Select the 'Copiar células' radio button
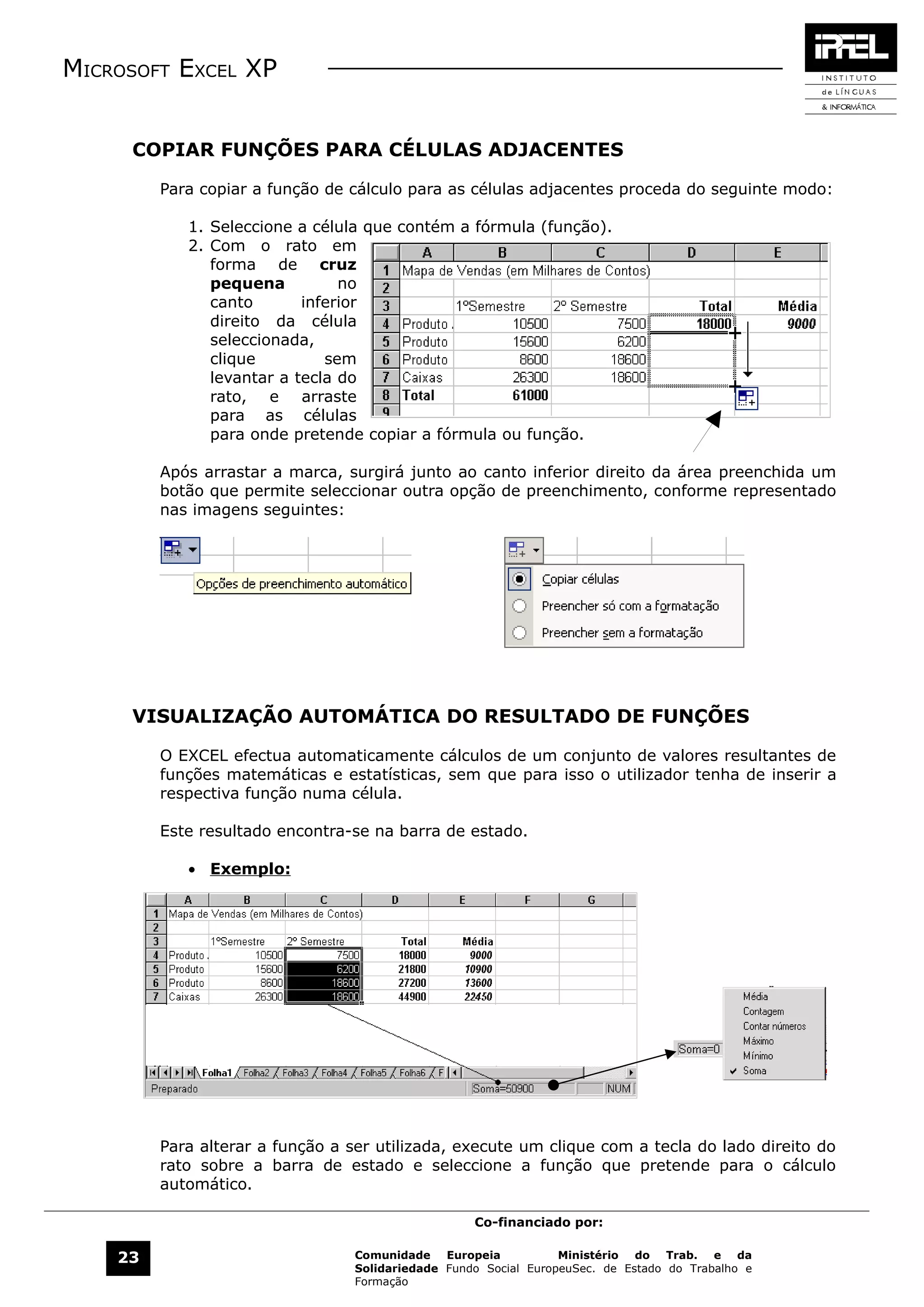(519, 579)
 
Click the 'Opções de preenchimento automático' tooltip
(302, 584)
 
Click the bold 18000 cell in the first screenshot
(713, 324)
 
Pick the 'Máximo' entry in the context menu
(758, 1040)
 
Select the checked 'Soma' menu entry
(754, 1070)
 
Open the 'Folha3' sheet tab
(295, 1072)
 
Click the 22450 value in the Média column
(478, 996)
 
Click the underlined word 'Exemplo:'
(250, 869)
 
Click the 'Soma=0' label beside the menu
(698, 1049)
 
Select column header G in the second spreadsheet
(591, 900)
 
